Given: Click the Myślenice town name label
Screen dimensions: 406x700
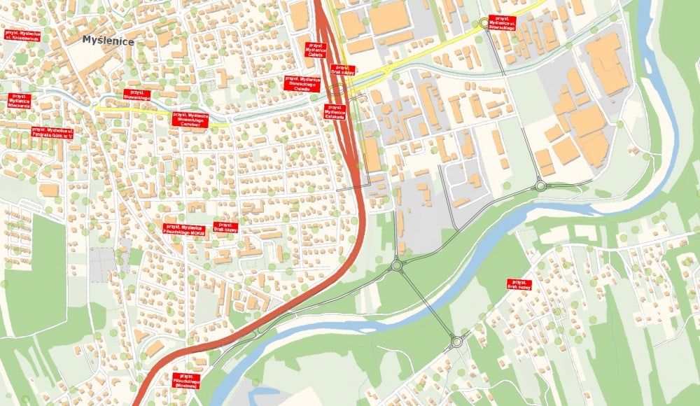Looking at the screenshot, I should [x=108, y=41].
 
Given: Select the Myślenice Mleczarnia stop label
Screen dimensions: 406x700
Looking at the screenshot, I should [x=20, y=101].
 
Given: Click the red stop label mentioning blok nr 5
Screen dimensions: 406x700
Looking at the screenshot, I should [x=52, y=132].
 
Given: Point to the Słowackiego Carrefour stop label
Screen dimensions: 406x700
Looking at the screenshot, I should [x=190, y=119].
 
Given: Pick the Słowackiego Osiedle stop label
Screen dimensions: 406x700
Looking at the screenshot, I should [x=302, y=83].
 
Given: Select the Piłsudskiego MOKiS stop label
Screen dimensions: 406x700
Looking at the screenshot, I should [x=186, y=227].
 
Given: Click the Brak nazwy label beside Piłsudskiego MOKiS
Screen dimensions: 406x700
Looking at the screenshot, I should [x=225, y=227].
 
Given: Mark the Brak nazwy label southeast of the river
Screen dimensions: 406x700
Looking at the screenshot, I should [x=519, y=284].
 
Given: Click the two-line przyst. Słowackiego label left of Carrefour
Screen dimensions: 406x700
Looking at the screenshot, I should [x=136, y=94].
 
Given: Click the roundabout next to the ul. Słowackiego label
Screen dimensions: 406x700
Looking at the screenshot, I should [x=484, y=24].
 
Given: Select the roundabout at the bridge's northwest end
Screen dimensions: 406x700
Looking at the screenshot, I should [x=398, y=265].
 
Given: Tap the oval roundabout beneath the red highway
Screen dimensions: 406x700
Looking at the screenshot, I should [x=337, y=90].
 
